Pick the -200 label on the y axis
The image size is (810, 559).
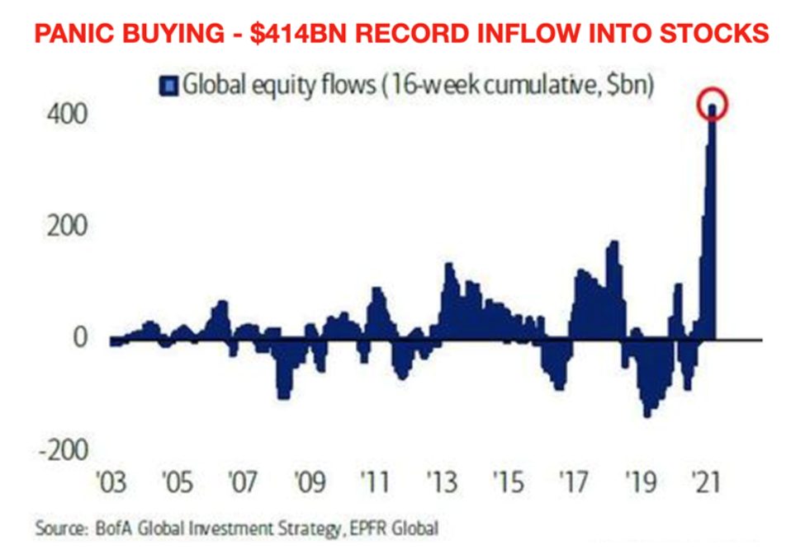click(x=57, y=450)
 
